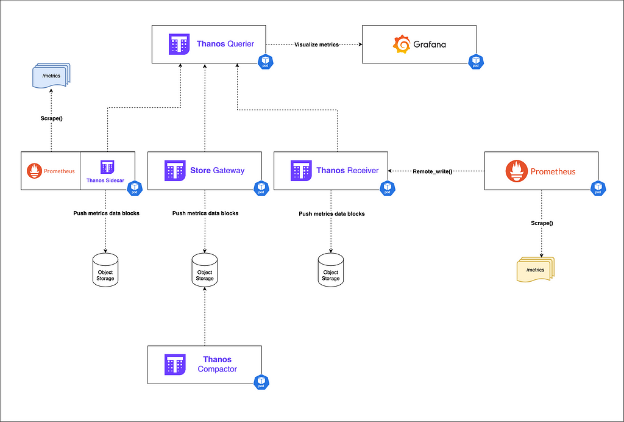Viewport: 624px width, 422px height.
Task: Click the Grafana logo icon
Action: (x=402, y=45)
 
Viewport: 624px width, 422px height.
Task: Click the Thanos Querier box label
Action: (x=225, y=44)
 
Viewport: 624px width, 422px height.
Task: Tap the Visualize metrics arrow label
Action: (x=317, y=45)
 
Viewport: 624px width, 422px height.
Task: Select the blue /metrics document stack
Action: (x=51, y=76)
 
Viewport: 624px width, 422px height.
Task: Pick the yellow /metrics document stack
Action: (x=535, y=268)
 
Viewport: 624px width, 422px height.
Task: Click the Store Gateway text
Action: (x=217, y=171)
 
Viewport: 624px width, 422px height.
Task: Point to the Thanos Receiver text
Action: (x=347, y=171)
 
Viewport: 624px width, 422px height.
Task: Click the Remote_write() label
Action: (x=433, y=171)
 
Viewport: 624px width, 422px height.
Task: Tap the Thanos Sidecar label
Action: (x=107, y=180)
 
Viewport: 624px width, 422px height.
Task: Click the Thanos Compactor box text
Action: (x=217, y=364)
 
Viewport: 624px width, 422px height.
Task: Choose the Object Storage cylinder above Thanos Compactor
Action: (x=205, y=268)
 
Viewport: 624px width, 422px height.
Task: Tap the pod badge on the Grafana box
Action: (x=475, y=62)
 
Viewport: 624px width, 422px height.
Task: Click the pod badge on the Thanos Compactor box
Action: (x=261, y=382)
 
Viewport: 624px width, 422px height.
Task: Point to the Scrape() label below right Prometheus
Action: (x=542, y=223)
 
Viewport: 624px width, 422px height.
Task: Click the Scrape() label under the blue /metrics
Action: (x=51, y=118)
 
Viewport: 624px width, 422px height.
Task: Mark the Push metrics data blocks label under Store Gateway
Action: (x=205, y=213)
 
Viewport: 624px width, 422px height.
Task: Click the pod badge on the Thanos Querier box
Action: (x=265, y=62)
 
